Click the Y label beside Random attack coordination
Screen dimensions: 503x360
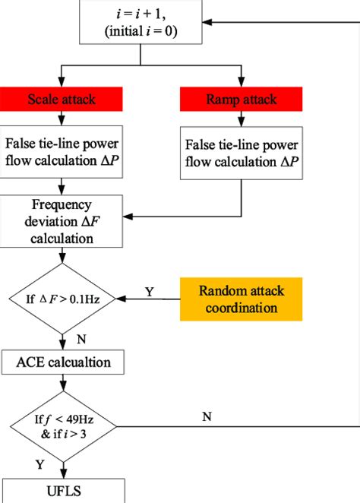(150, 291)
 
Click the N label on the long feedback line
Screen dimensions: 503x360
(206, 416)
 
